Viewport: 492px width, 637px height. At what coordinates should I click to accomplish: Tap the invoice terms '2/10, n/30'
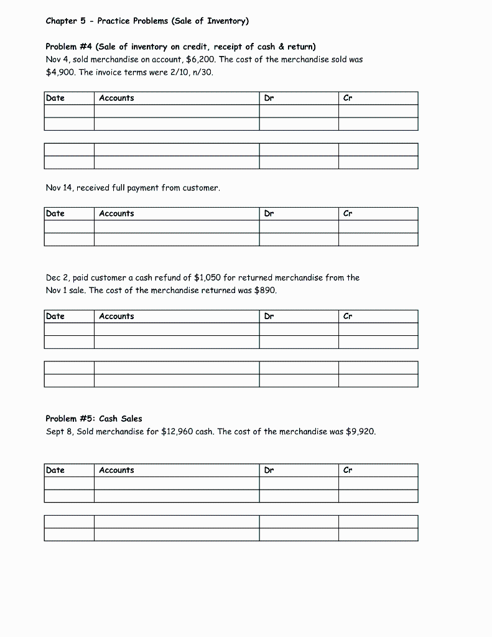pyautogui.click(x=200, y=72)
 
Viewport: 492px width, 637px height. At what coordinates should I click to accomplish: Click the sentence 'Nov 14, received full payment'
pyautogui.click(x=132, y=187)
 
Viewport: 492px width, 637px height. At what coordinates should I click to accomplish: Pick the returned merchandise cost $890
pyautogui.click(x=265, y=291)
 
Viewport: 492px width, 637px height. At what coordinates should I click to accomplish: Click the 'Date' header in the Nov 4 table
pyautogui.click(x=55, y=98)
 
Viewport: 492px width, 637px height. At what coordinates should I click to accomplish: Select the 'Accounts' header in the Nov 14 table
pyautogui.click(x=116, y=213)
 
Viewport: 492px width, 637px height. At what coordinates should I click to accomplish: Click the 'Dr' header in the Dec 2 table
pyautogui.click(x=269, y=316)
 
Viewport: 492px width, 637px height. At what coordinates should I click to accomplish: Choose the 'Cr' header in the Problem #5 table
pyautogui.click(x=348, y=470)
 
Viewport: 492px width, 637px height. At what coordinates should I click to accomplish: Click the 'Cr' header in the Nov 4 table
pyautogui.click(x=348, y=98)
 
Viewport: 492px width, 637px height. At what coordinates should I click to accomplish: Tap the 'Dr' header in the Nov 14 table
pyautogui.click(x=269, y=213)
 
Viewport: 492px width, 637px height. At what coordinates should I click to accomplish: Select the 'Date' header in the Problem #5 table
pyautogui.click(x=55, y=470)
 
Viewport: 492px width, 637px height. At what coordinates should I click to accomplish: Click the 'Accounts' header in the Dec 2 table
pyautogui.click(x=116, y=316)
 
